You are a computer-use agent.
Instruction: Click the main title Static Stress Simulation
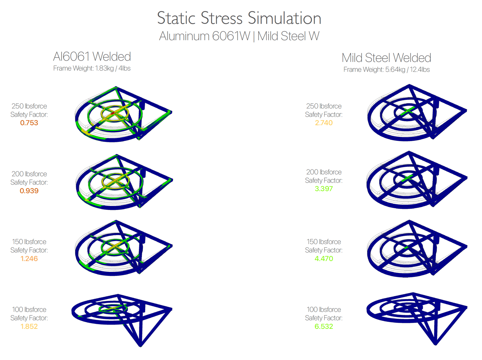point(239,18)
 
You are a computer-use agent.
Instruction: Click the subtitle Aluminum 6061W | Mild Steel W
point(239,36)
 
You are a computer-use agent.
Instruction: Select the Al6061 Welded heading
point(92,57)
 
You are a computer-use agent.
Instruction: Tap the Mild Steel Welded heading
point(386,58)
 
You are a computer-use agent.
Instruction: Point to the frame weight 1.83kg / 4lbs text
point(92,68)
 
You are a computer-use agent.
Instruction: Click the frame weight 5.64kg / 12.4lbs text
point(386,70)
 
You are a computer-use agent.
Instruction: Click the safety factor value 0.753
point(29,123)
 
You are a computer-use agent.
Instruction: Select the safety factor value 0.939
point(29,191)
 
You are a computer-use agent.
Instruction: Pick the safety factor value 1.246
point(29,259)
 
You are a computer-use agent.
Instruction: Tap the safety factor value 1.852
point(29,327)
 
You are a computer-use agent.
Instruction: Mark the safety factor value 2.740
point(324,123)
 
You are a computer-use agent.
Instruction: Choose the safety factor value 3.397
point(324,189)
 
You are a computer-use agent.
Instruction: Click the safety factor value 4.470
point(324,259)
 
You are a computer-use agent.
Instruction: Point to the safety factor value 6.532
point(324,327)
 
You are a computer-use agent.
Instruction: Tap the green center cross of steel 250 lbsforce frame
point(407,111)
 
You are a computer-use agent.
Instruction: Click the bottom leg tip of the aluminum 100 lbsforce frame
point(141,345)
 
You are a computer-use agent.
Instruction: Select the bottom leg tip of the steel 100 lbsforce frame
point(435,343)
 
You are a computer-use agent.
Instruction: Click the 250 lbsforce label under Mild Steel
point(324,106)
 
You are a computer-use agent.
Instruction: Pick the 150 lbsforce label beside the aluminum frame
point(29,242)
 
